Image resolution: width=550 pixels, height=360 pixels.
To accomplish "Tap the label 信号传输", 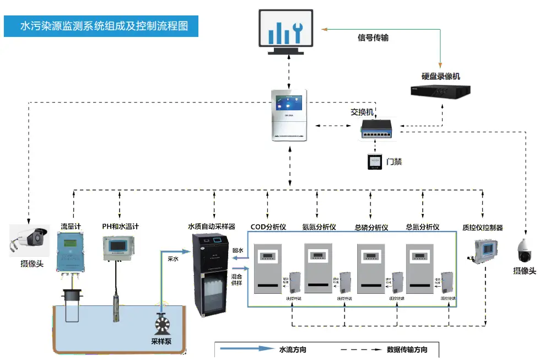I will pos(373,38).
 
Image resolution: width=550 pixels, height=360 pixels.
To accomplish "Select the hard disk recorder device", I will pos(440,92).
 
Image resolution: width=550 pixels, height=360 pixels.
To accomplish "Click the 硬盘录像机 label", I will pos(440,76).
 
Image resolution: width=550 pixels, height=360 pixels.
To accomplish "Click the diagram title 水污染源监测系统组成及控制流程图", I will pos(101,25).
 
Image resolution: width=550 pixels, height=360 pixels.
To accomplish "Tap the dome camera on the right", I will pos(523,251).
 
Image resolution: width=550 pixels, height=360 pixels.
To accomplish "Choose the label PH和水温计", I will pos(120,227).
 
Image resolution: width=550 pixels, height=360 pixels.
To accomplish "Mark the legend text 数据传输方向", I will pos(407,350).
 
